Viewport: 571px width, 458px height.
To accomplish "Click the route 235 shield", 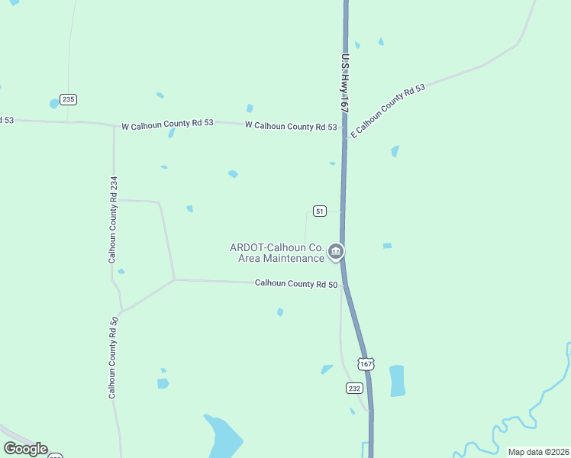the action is (x=69, y=99).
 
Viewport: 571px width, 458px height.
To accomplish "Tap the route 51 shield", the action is (x=320, y=211).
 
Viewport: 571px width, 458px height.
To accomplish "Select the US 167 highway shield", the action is (x=367, y=364).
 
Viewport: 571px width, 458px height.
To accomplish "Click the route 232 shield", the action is (x=354, y=388).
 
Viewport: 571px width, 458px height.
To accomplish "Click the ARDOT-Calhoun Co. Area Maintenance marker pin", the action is (x=336, y=251).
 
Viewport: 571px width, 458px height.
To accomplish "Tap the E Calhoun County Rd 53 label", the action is (x=386, y=111).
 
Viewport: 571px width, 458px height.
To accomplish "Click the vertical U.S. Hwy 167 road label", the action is (x=346, y=84).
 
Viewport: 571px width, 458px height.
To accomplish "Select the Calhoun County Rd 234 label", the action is (x=113, y=219).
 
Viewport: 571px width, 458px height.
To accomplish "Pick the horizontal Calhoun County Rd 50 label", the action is (x=296, y=284).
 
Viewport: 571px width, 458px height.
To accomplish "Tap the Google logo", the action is (x=25, y=449).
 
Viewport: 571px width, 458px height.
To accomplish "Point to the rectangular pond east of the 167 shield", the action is (x=397, y=380).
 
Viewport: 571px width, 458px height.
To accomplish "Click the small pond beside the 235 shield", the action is (x=54, y=103).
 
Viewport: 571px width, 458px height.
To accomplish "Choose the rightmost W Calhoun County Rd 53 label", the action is (x=291, y=126).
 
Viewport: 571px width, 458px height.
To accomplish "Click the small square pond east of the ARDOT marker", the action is (x=387, y=246).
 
